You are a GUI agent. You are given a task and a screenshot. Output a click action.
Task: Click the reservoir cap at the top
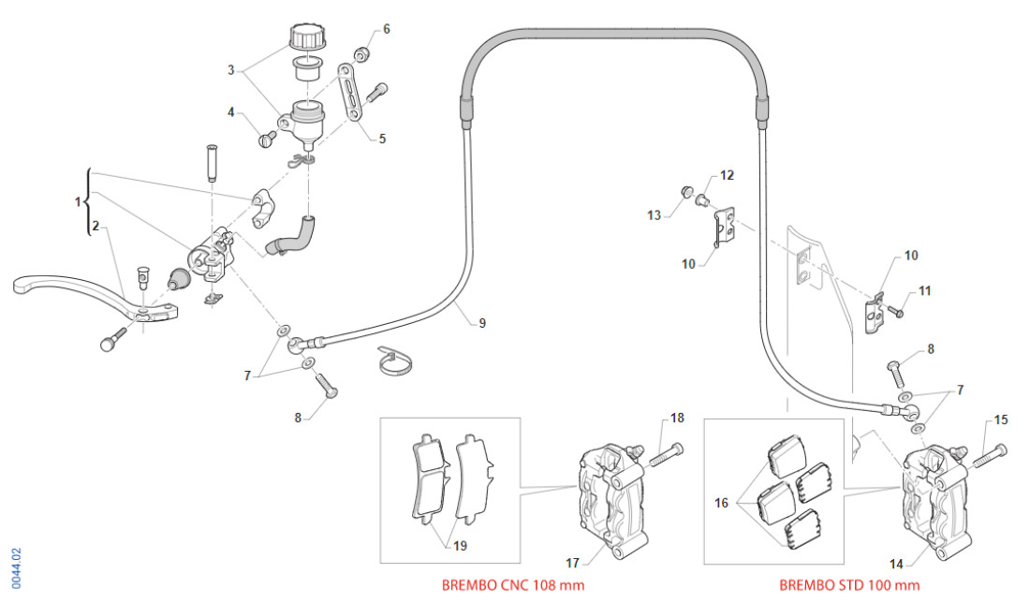305,38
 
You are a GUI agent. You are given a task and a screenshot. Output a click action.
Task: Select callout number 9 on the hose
482,323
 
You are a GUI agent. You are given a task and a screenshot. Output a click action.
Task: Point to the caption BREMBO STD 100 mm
849,585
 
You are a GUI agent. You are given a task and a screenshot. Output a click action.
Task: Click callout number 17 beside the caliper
572,562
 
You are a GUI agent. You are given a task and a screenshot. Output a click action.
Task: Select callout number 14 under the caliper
896,565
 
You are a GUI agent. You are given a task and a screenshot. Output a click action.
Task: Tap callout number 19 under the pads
459,546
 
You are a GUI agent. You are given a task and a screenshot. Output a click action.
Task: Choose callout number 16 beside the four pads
722,503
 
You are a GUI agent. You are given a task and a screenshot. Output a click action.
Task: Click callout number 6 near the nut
386,29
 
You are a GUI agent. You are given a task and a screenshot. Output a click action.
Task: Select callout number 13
654,215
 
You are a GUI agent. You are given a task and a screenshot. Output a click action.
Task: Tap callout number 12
727,175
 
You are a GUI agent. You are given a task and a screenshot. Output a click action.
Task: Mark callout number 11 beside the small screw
924,291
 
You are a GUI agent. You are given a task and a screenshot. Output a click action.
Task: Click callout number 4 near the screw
230,112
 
